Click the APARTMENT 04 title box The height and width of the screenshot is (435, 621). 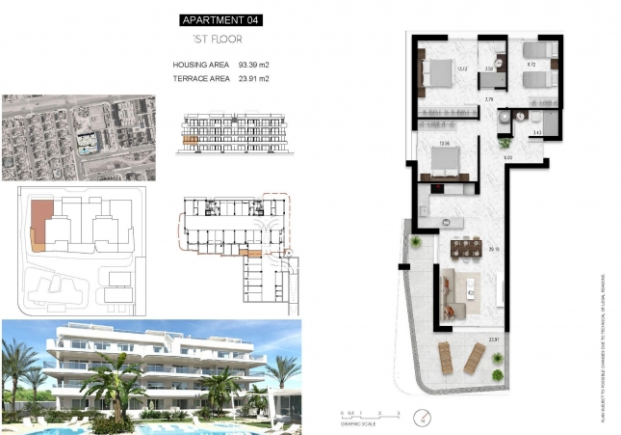point(221,19)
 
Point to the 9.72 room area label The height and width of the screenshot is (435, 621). point(530,65)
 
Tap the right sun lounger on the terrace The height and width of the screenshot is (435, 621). point(475,359)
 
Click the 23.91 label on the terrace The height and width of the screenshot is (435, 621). point(494,339)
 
